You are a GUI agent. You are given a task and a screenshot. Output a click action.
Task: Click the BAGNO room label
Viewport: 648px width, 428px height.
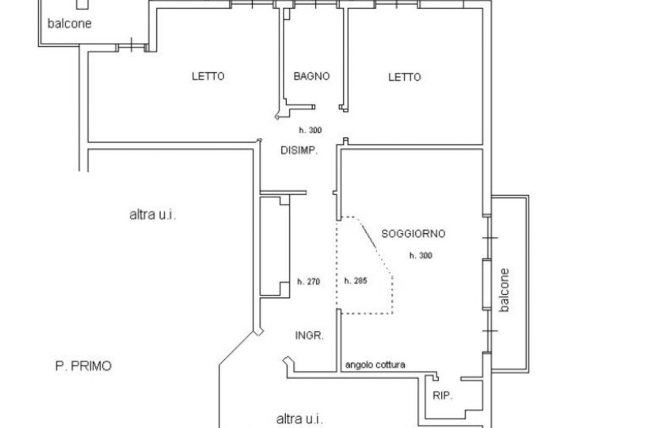(311, 76)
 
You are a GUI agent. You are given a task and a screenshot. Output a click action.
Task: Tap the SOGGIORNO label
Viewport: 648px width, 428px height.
(414, 234)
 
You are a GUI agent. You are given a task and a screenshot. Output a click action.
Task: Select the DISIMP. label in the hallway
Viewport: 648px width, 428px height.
(299, 151)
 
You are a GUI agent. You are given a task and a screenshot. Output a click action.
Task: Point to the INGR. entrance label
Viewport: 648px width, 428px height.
(310, 335)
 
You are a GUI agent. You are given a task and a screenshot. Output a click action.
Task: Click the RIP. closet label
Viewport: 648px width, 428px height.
(443, 396)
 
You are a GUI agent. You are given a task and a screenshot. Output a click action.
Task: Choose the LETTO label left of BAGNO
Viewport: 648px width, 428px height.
(208, 76)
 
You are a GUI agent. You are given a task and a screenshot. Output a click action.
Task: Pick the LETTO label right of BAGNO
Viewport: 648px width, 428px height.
(405, 77)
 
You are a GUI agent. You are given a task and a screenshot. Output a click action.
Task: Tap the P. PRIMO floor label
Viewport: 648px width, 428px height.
(83, 366)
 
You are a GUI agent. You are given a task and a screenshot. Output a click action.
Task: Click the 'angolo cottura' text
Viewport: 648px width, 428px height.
(375, 365)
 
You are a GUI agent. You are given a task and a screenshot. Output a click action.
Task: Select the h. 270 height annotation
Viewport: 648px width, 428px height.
(309, 281)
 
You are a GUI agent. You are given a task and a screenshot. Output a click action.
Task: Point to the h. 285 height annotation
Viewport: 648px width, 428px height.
(356, 281)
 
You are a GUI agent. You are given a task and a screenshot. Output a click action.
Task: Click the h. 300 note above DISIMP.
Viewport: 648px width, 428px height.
(311, 130)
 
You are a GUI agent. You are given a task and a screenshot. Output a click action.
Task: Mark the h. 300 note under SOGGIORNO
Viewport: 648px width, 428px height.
(421, 255)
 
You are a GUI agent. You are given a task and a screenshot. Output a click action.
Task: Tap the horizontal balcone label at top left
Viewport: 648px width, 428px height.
(70, 24)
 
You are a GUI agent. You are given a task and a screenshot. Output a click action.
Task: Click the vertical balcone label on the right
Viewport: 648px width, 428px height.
(505, 290)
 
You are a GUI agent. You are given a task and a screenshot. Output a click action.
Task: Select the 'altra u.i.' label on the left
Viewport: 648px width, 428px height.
(153, 215)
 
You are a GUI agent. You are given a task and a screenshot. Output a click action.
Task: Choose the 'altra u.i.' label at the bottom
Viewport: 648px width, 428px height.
(299, 419)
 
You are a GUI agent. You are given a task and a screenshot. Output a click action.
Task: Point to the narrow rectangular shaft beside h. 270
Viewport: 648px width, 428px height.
(275, 246)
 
